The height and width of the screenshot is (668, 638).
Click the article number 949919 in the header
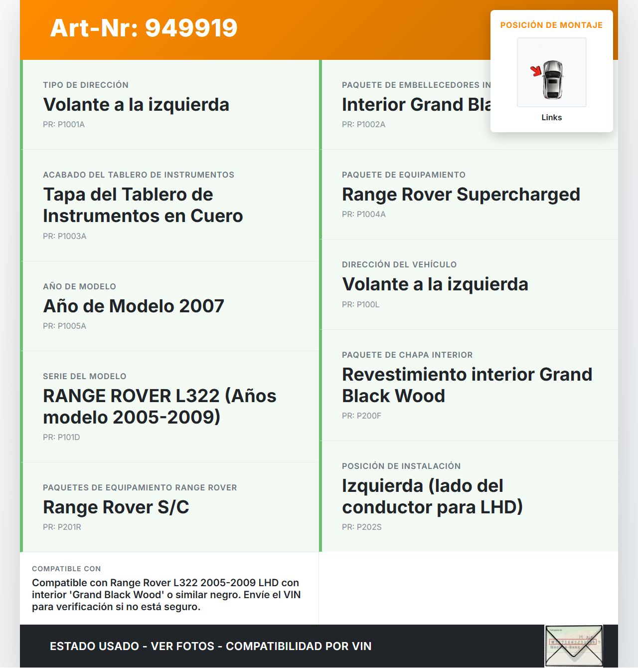click(191, 28)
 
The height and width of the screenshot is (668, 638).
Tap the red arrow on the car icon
click(536, 71)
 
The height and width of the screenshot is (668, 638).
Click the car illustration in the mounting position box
click(552, 80)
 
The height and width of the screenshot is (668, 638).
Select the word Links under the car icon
click(551, 117)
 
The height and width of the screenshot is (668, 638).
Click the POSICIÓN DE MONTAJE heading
click(551, 25)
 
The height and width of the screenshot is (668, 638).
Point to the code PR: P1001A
click(64, 124)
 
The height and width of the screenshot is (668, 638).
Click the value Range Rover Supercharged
click(461, 194)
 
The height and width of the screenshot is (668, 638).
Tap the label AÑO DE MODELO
click(79, 286)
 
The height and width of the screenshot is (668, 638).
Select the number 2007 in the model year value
click(201, 306)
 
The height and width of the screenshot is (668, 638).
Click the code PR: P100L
click(360, 304)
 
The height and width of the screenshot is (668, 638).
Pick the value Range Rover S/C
click(116, 507)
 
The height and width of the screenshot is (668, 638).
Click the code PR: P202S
click(361, 527)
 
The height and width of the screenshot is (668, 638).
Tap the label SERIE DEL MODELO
click(84, 376)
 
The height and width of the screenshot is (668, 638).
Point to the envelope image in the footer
click(573, 646)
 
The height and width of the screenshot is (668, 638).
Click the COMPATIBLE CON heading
click(66, 569)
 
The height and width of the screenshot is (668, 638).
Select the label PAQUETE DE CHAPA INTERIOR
click(407, 355)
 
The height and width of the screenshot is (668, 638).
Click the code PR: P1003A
click(64, 236)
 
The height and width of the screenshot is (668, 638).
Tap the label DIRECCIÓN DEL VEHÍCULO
click(399, 264)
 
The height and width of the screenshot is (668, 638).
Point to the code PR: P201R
click(62, 527)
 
